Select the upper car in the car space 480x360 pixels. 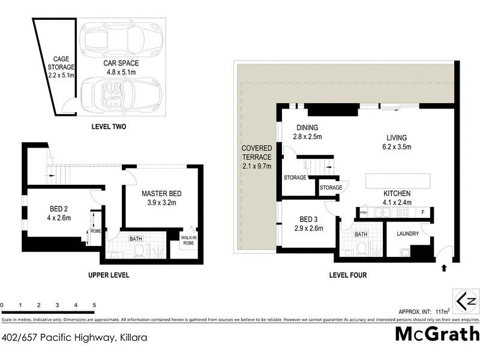(x=122, y=40)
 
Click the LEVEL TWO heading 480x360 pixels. (x=109, y=127)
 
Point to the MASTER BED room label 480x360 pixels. (x=161, y=199)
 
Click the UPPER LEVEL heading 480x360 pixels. (x=109, y=275)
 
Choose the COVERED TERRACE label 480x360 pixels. (x=256, y=157)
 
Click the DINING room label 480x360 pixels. (x=307, y=132)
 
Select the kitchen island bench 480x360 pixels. (x=397, y=181)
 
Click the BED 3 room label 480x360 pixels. (x=308, y=224)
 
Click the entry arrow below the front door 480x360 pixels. (x=444, y=268)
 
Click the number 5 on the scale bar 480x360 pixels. (x=94, y=305)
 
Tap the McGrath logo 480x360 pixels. (x=437, y=334)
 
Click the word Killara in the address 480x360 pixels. (x=131, y=338)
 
